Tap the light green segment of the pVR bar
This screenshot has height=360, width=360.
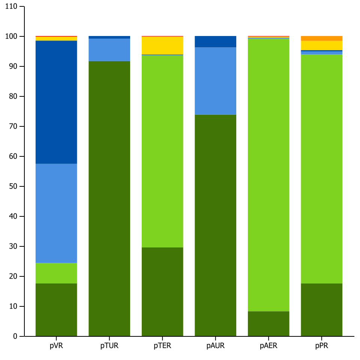[56, 273]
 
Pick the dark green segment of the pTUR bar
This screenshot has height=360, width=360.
[109, 198]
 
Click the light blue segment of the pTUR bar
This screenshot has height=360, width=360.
[109, 49]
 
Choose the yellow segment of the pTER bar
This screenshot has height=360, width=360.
[162, 45]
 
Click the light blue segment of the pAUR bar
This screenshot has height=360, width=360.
[215, 81]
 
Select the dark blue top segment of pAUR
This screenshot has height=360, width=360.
[215, 42]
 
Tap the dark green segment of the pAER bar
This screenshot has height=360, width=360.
[268, 323]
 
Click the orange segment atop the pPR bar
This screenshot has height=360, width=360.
[322, 38]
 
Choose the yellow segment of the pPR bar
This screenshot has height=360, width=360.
[322, 45]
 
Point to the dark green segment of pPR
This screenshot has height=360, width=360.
[322, 309]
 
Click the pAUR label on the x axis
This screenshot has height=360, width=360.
[215, 346]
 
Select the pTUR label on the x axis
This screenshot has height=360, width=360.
[109, 346]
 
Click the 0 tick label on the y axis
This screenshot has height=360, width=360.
[15, 336]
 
